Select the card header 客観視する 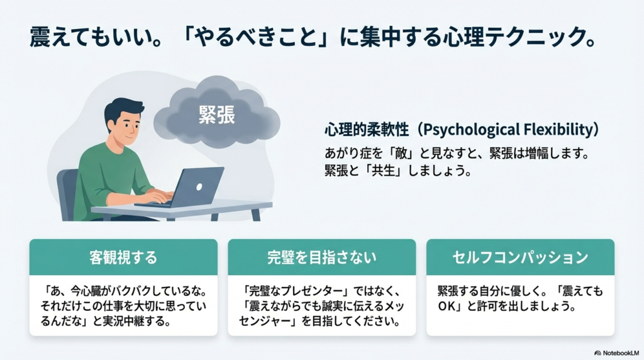pos(123,257)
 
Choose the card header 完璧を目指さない pos(321,257)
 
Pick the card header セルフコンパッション pos(520,257)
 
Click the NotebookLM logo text pos(619,353)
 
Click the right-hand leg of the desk pos(255,215)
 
